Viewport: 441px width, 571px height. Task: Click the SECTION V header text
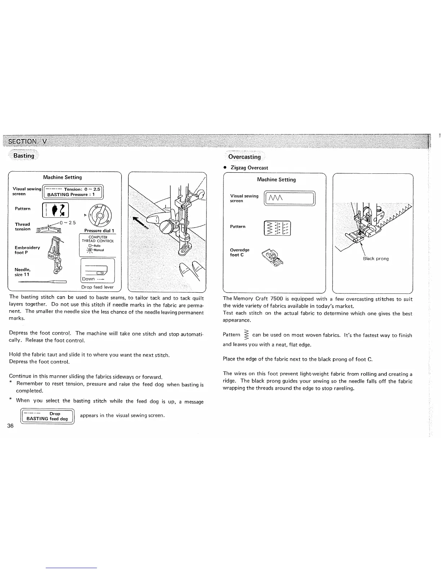coord(27,141)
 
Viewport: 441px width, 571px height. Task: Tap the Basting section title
coord(24,156)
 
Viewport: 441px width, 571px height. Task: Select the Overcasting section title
coord(244,157)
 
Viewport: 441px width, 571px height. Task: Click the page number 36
coord(10,426)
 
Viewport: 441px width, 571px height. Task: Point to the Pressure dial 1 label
coord(99,231)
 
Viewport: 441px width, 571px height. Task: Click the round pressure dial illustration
coord(102,214)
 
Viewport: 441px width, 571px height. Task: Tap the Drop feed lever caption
coord(97,287)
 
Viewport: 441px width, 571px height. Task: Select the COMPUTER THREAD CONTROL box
coord(98,245)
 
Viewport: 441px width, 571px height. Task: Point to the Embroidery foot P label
coord(27,250)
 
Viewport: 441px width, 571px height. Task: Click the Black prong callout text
coord(376,258)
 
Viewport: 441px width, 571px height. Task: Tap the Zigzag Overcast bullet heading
coord(249,168)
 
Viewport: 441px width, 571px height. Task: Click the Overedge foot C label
coord(239,252)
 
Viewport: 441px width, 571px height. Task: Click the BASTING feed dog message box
coord(48,416)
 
